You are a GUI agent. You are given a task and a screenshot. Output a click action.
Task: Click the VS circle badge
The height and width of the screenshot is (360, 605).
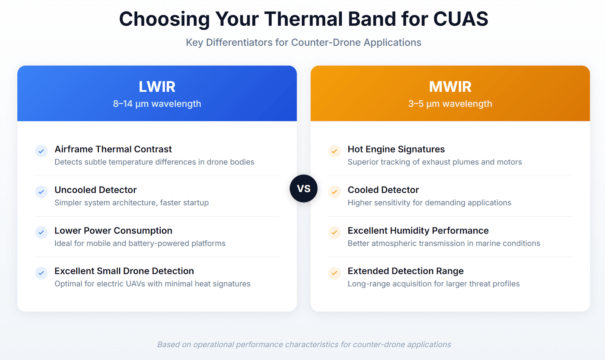pos(303,189)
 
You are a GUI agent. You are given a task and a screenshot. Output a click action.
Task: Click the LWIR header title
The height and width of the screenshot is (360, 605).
pos(157,87)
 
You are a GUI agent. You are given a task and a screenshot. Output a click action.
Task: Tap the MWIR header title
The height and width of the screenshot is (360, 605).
pos(450,87)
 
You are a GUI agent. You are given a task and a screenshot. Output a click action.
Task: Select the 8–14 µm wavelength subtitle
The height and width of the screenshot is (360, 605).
pos(157,104)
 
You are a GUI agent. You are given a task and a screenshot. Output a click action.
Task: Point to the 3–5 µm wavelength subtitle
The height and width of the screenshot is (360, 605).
pos(450,104)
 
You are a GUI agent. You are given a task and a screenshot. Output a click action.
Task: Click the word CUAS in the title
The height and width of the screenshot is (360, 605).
pos(461,19)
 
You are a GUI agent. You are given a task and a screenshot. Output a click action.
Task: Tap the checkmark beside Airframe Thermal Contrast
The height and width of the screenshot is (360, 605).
pos(41,151)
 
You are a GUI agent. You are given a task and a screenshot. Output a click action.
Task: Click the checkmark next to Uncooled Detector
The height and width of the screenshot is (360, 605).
pos(41,192)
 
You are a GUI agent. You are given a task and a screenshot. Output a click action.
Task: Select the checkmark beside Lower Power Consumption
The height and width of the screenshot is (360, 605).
pos(41,232)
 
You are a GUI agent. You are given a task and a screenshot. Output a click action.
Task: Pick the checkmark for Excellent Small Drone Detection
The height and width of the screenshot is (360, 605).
pos(41,273)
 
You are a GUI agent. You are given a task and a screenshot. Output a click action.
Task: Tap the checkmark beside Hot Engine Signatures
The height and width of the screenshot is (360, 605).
pos(334,151)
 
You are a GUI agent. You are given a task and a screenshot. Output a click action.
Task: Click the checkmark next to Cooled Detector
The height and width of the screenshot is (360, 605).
pos(334,192)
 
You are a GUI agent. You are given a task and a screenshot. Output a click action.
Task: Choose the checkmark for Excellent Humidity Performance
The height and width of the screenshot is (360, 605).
pos(334,232)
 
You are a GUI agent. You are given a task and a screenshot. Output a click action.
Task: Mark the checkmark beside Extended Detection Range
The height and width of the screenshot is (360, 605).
pos(334,273)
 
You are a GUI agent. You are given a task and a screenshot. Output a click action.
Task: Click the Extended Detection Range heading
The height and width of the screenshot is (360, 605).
pos(406,271)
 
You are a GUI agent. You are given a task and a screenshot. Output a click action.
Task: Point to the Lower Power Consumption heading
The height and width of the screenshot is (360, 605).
pos(114,231)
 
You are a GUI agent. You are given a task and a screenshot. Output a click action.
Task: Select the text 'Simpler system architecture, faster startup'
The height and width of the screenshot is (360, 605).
pos(132,203)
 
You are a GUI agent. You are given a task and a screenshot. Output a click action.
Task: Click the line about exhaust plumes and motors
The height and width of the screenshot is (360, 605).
pos(435,162)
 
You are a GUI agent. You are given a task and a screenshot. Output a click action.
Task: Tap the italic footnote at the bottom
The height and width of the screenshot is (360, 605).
pos(304,344)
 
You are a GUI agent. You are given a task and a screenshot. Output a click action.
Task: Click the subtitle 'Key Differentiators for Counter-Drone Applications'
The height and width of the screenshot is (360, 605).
pos(303,42)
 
